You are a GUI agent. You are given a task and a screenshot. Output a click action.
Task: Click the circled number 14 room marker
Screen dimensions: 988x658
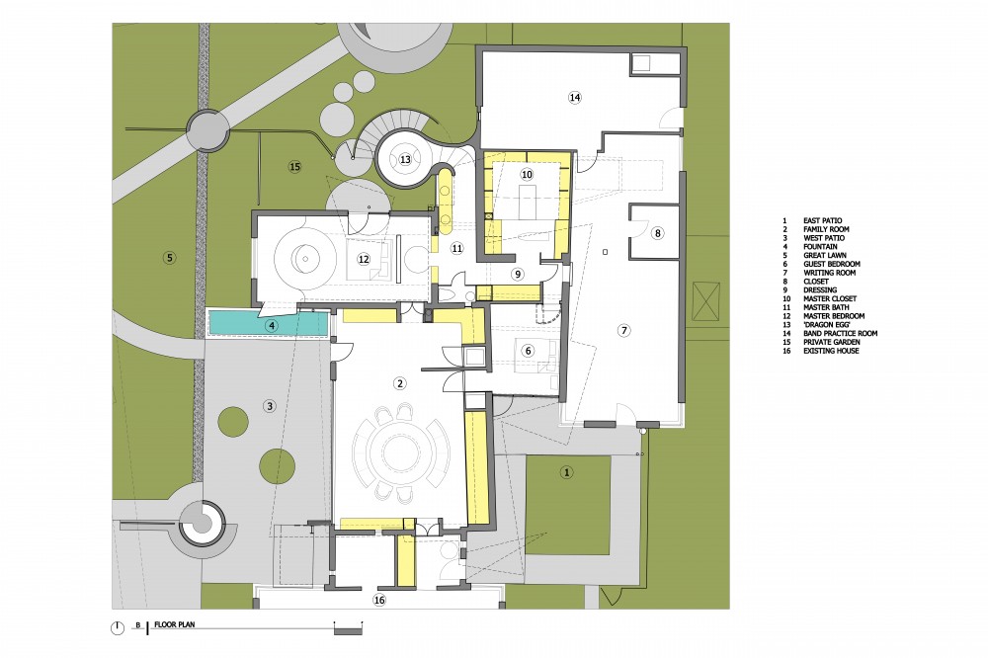click(574, 97)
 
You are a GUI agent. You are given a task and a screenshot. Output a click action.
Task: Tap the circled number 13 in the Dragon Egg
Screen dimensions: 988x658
click(405, 159)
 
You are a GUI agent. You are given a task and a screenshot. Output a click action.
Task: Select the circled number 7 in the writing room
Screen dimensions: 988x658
click(623, 330)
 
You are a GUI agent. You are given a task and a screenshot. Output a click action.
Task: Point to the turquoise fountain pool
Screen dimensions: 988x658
click(270, 323)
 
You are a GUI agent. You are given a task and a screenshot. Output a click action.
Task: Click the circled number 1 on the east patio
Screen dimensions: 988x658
click(566, 472)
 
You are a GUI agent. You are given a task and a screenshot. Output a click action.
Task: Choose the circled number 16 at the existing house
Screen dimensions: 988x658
click(379, 600)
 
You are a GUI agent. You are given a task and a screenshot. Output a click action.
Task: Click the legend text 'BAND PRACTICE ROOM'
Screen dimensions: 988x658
click(840, 333)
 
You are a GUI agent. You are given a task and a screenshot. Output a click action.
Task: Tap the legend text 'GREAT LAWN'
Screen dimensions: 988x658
click(824, 255)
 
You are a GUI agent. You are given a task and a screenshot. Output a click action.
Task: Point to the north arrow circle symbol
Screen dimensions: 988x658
click(118, 627)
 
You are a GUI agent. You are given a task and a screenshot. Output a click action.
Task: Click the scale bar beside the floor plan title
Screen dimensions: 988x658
click(348, 627)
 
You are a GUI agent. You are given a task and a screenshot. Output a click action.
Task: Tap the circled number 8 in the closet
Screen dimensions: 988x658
click(657, 233)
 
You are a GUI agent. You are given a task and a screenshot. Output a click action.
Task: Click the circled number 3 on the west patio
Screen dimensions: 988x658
click(270, 406)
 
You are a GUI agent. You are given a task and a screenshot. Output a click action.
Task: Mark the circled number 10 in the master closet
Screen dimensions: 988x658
click(527, 174)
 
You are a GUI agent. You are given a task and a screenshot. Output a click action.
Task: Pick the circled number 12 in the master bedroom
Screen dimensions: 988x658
click(363, 259)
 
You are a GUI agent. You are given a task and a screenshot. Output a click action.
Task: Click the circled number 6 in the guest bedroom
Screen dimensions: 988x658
click(528, 351)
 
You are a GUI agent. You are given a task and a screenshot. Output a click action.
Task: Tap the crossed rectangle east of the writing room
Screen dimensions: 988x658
click(705, 301)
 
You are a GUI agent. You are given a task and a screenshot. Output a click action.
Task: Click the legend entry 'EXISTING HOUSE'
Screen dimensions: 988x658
click(831, 351)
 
